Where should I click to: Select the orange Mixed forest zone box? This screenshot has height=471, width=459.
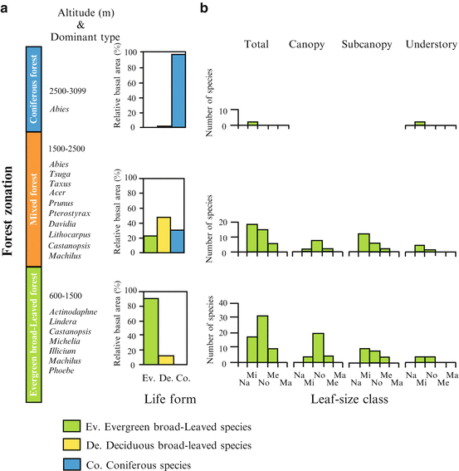click(x=36, y=204)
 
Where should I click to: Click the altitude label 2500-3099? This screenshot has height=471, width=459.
click(x=71, y=90)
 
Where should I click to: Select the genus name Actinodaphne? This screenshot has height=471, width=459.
click(x=78, y=312)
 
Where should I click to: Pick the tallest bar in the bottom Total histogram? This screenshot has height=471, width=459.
click(x=262, y=341)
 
